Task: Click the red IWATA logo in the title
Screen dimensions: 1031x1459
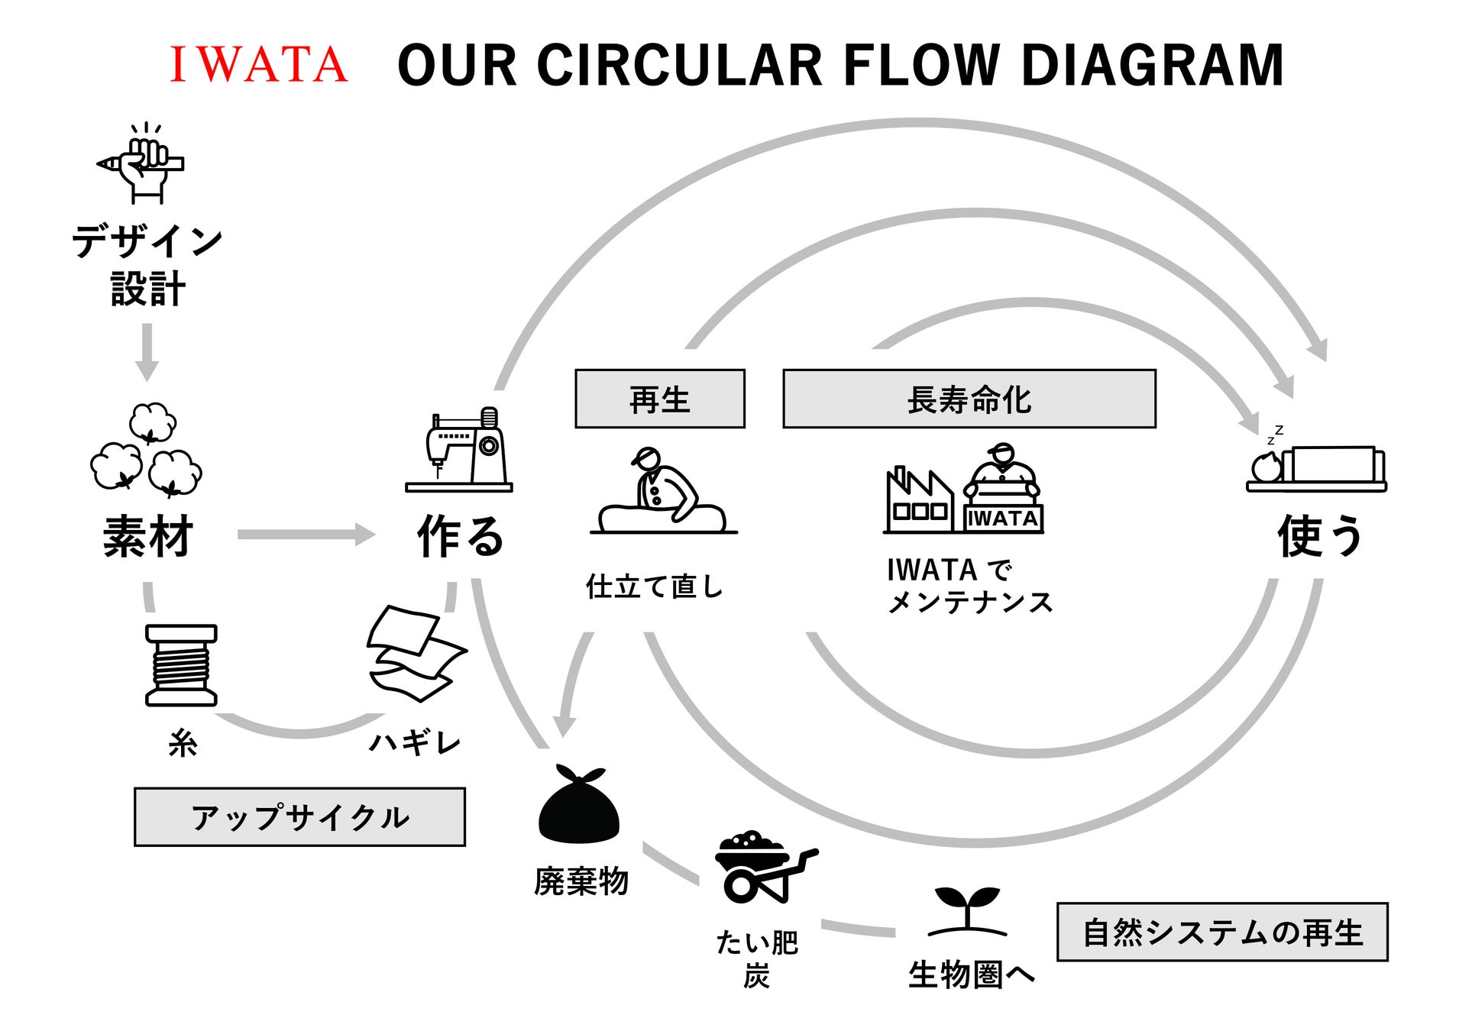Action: pyautogui.click(x=258, y=64)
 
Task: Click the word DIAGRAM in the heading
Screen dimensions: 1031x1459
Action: pyautogui.click(x=1152, y=66)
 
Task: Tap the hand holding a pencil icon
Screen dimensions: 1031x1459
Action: pyautogui.click(x=143, y=164)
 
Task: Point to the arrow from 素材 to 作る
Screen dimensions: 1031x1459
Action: pyautogui.click(x=306, y=534)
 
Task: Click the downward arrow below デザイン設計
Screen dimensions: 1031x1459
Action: pyautogui.click(x=147, y=351)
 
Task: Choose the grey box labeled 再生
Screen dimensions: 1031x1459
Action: pyautogui.click(x=659, y=399)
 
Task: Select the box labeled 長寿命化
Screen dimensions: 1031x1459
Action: pyautogui.click(x=969, y=399)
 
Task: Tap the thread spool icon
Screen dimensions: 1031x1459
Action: pyautogui.click(x=181, y=665)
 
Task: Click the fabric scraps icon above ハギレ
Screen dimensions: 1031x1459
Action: pyautogui.click(x=416, y=653)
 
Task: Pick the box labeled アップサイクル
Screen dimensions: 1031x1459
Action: pyautogui.click(x=299, y=817)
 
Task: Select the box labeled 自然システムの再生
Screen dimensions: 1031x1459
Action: pyautogui.click(x=1221, y=932)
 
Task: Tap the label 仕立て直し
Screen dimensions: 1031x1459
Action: pyautogui.click(x=654, y=587)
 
